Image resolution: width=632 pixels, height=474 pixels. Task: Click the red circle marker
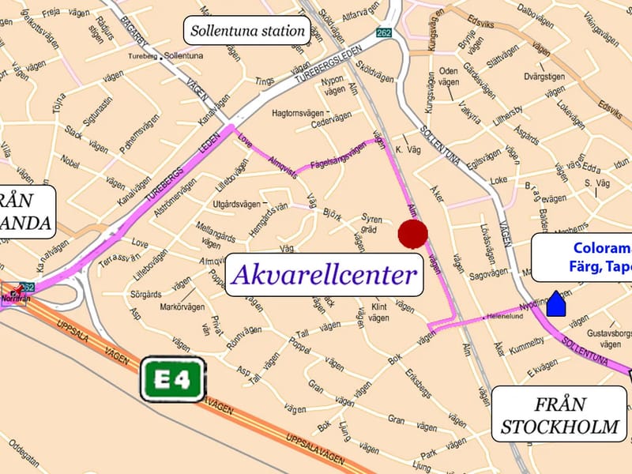412,234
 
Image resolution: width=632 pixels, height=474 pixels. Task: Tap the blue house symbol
557,303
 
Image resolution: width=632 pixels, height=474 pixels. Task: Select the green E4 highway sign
173,380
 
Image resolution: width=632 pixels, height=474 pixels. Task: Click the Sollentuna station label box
246,32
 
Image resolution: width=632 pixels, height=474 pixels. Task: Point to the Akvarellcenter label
325,275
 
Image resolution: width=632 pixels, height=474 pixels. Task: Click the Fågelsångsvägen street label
338,152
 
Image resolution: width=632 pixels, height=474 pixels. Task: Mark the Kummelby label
527,341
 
